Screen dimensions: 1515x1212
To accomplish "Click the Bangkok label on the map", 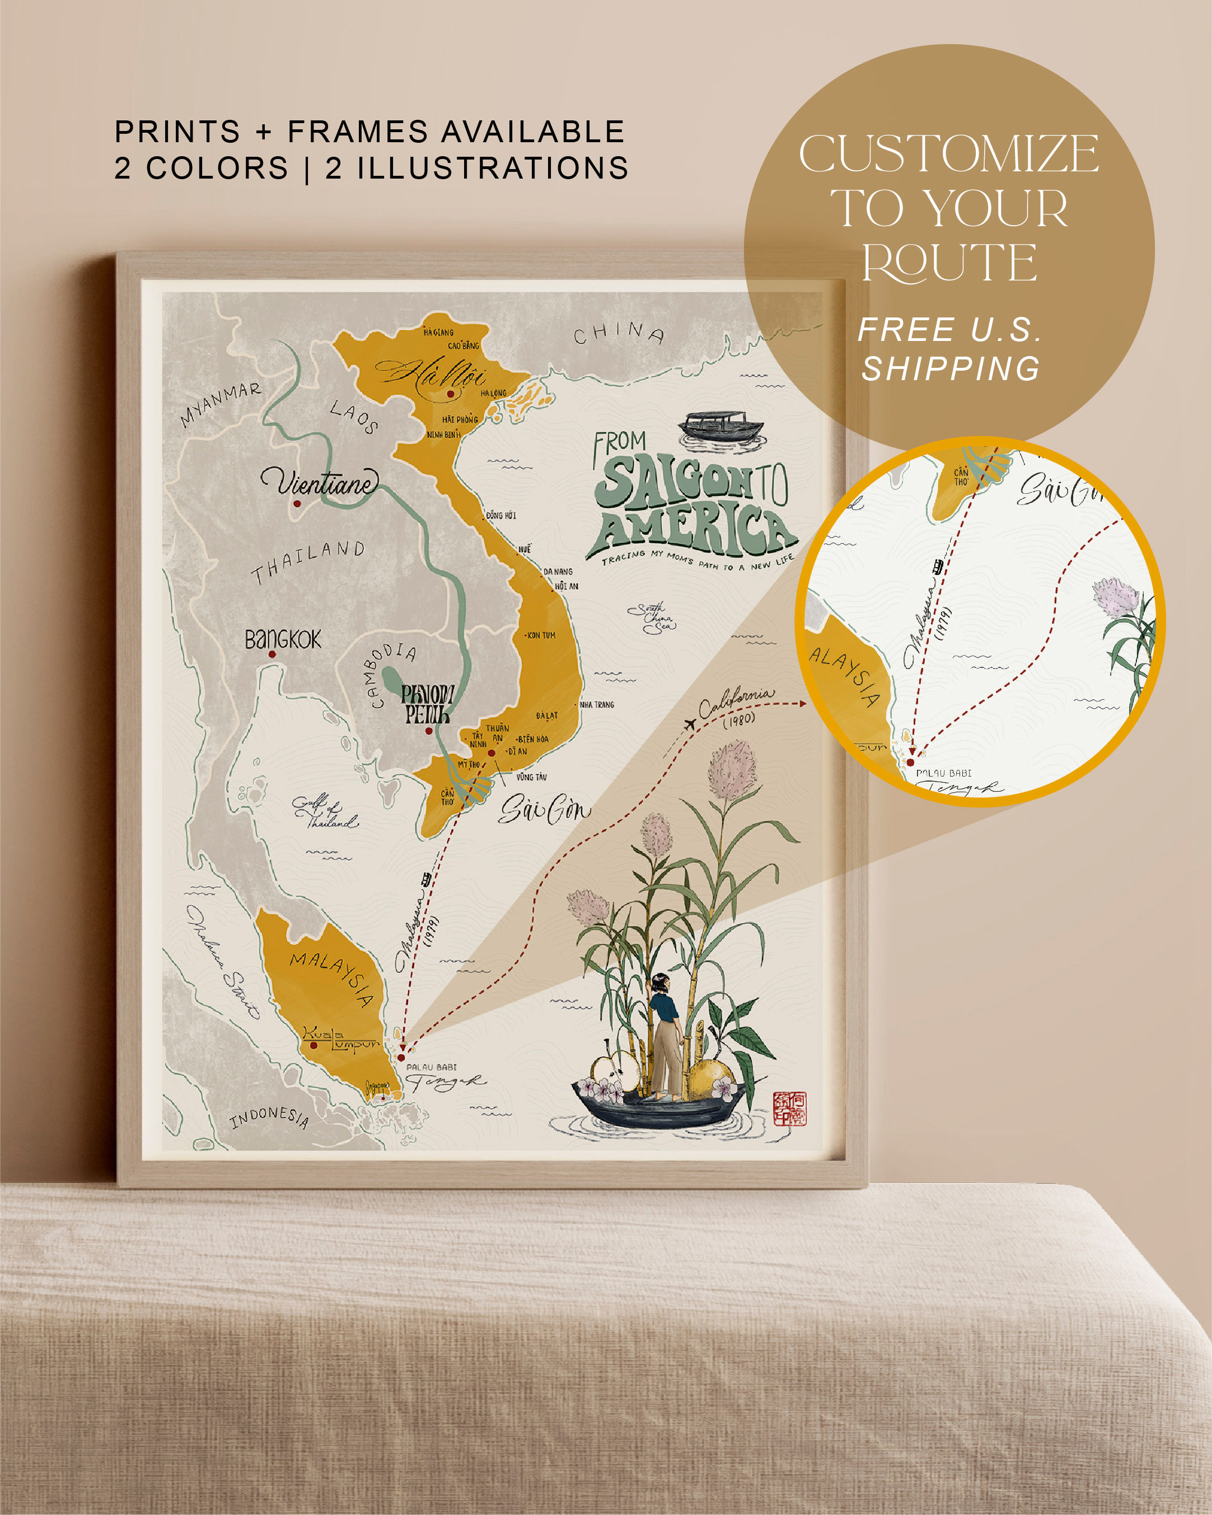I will click(x=283, y=639).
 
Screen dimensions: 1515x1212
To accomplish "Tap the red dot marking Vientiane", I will click(x=297, y=503).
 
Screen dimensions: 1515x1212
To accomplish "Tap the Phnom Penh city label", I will click(x=427, y=705).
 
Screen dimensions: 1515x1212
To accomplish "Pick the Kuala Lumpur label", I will click(x=341, y=1038).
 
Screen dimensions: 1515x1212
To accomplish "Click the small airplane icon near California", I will click(x=690, y=724).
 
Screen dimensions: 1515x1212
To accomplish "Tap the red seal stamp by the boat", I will click(x=790, y=1108).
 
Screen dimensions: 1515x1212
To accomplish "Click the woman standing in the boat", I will click(x=664, y=1034).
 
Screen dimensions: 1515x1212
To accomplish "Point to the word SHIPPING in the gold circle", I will click(x=951, y=369).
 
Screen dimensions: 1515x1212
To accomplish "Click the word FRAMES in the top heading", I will click(x=358, y=132).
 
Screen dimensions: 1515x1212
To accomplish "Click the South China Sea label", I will click(x=652, y=618).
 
